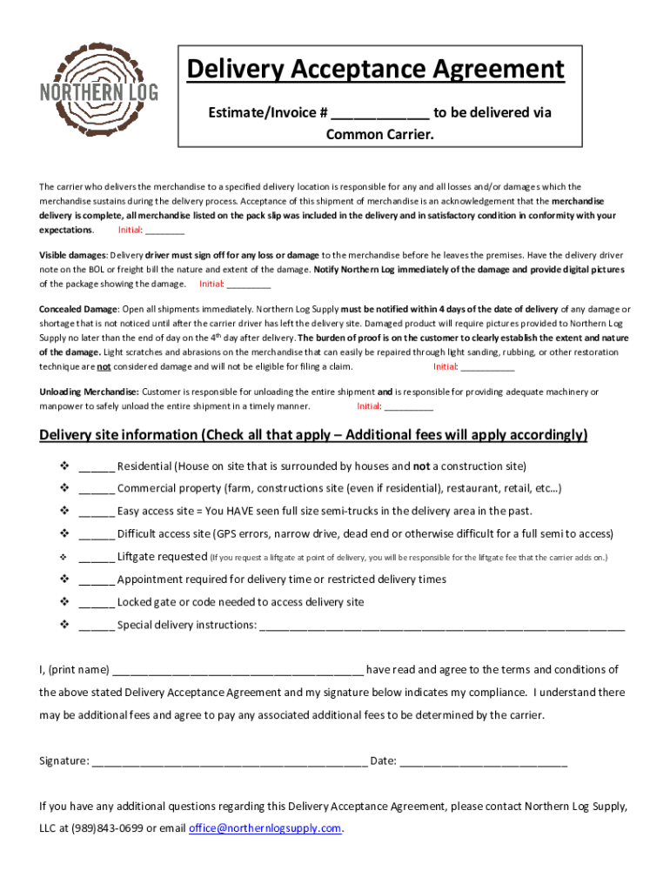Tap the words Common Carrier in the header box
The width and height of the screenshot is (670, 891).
[379, 135]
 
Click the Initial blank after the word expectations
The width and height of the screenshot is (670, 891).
[164, 231]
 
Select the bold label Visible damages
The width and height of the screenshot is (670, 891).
[72, 255]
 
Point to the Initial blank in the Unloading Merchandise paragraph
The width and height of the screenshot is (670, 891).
[408, 406]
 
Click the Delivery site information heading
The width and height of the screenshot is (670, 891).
[313, 434]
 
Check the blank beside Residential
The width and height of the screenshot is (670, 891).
[97, 466]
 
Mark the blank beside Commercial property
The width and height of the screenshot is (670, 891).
[97, 489]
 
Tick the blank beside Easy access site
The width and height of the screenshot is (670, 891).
[97, 512]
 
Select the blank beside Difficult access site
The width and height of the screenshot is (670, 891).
[97, 534]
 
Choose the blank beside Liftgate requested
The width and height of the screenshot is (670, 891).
[97, 557]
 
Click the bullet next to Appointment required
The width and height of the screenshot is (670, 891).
[64, 579]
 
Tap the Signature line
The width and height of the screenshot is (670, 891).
[230, 762]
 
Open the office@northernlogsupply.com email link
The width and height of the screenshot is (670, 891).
[265, 828]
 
